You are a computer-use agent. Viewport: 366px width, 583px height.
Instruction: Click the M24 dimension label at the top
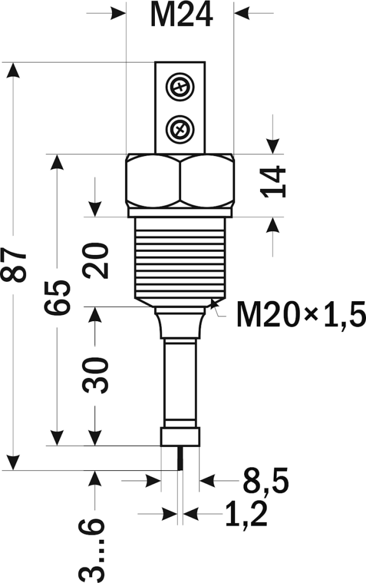[x=181, y=15]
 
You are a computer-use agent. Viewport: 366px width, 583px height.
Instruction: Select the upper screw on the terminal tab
[x=179, y=87]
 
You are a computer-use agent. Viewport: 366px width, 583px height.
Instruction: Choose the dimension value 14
[x=274, y=181]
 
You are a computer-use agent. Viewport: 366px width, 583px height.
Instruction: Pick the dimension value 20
[x=96, y=260]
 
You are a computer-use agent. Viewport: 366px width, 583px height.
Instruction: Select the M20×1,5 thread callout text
[x=301, y=314]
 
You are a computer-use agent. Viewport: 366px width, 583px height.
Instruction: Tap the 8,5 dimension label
[x=266, y=482]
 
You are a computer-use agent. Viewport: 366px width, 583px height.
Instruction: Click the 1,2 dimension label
[x=245, y=515]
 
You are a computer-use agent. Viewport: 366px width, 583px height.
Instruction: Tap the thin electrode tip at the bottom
[x=180, y=458]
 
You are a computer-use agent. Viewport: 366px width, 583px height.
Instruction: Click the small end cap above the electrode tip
[x=180, y=437]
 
